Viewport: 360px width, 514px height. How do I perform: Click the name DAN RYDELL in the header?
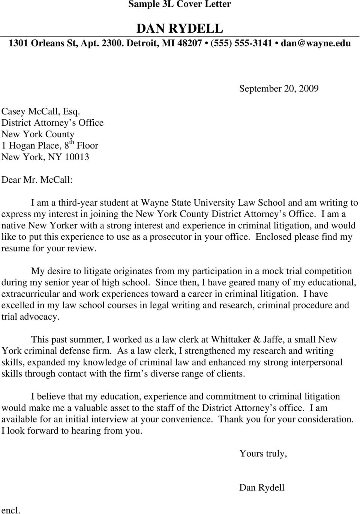(x=180, y=29)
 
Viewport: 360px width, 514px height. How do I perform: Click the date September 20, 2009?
(x=279, y=89)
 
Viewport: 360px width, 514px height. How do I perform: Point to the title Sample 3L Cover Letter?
(x=180, y=5)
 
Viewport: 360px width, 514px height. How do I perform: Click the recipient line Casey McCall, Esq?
(x=40, y=111)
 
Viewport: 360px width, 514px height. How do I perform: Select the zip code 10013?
(x=77, y=157)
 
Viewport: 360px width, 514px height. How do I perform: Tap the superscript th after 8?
(x=71, y=143)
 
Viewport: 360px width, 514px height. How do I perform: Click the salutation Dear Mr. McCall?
(x=37, y=180)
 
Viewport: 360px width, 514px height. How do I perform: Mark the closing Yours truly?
(x=263, y=454)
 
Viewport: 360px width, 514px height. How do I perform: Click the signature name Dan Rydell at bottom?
(x=262, y=488)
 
